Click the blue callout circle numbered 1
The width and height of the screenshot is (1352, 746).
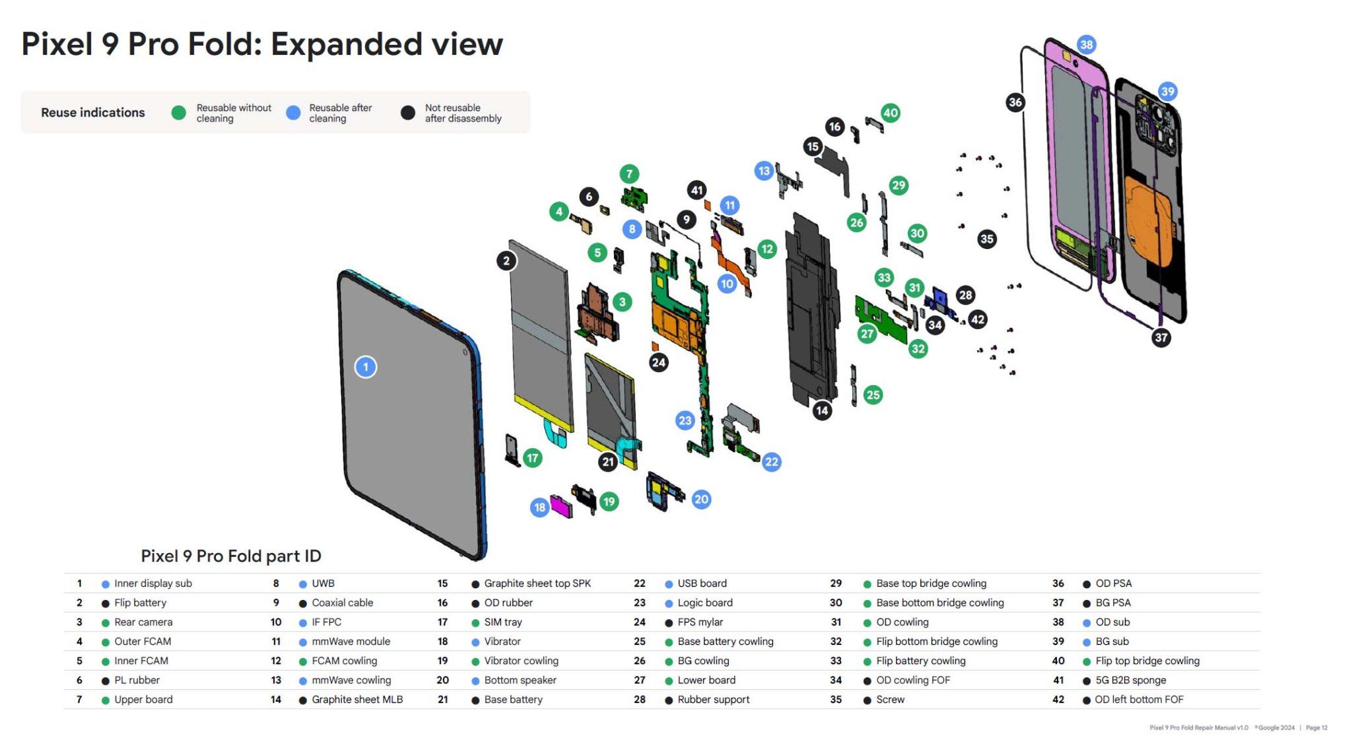pos(366,367)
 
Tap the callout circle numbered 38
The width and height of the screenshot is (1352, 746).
pos(1086,45)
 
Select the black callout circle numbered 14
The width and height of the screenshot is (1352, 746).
pos(821,410)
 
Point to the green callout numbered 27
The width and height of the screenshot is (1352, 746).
pos(867,334)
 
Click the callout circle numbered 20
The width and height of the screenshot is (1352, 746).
pos(701,500)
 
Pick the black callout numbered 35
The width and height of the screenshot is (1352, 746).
pos(986,239)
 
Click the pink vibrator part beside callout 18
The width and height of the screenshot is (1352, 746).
pos(561,507)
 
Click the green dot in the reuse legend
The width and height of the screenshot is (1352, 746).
pos(178,113)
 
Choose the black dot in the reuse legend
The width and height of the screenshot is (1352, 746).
pos(408,113)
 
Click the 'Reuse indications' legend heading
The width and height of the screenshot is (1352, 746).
pos(93,113)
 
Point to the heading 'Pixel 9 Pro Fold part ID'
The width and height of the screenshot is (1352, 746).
pos(231,556)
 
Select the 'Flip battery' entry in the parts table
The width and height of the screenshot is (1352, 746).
pos(140,603)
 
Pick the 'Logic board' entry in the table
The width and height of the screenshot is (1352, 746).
pos(704,603)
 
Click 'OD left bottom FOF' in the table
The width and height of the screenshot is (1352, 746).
pos(1139,699)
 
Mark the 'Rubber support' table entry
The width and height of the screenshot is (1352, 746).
pos(713,699)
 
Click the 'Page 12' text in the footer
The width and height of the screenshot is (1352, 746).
pos(1316,727)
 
